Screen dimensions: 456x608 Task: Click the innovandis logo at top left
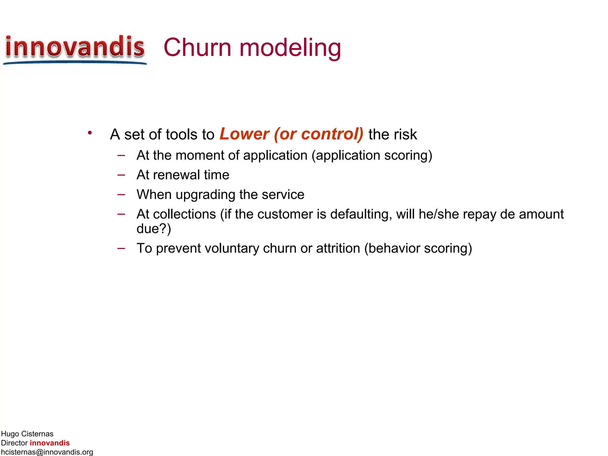click(x=75, y=49)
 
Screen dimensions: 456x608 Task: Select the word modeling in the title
click(x=290, y=48)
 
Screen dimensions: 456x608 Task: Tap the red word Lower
click(x=244, y=134)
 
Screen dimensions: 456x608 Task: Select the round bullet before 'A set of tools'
click(x=90, y=133)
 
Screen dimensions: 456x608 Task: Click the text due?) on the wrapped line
click(x=154, y=229)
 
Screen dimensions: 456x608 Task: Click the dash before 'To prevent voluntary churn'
click(x=121, y=248)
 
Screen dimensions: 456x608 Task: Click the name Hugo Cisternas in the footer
click(x=27, y=434)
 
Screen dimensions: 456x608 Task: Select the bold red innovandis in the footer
click(x=50, y=443)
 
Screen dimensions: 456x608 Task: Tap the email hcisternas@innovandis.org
click(x=47, y=452)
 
